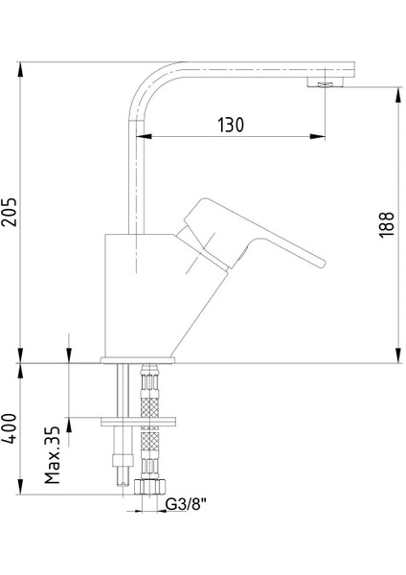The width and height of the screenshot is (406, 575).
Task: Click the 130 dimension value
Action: point(231,125)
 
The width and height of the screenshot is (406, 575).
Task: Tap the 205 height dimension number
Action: point(10,212)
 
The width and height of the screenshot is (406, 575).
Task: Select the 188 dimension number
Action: point(387,225)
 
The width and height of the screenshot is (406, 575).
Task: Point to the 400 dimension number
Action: point(10,428)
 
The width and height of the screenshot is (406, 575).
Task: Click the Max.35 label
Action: point(53,454)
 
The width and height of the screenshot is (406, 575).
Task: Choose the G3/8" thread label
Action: point(185,505)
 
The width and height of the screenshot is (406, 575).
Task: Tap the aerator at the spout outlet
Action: point(325,83)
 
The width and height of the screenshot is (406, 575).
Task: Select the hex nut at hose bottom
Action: point(149,487)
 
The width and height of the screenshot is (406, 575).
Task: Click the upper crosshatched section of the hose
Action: point(150,407)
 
